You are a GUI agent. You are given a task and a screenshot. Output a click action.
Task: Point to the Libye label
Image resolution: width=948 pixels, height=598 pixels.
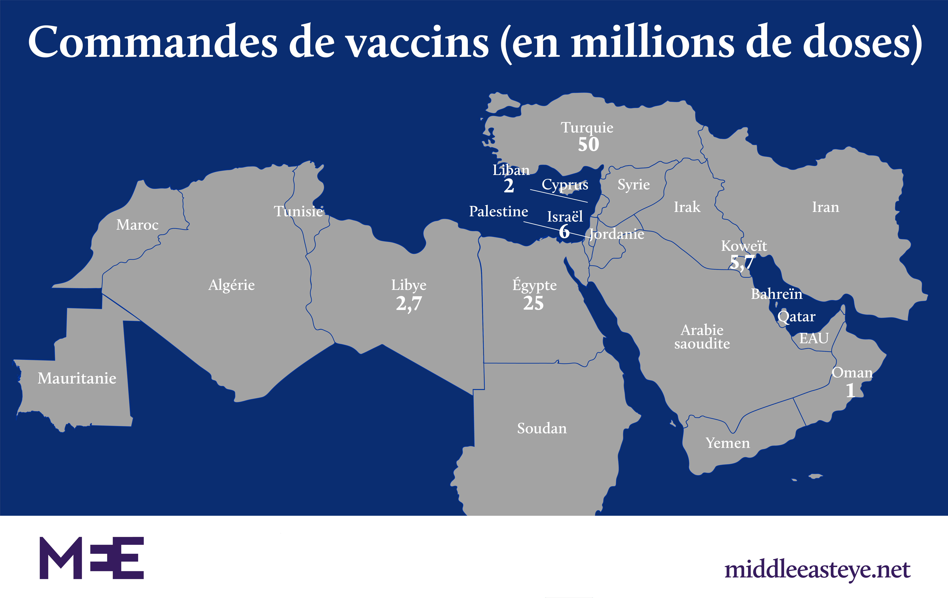pyautogui.click(x=409, y=285)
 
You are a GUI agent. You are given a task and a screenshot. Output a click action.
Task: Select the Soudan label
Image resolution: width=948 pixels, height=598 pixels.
pyautogui.click(x=542, y=428)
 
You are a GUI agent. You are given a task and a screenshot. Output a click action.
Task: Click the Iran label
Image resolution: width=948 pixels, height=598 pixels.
pyautogui.click(x=826, y=207)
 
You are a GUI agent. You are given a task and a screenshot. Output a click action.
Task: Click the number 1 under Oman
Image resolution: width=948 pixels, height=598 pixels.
pyautogui.click(x=850, y=391)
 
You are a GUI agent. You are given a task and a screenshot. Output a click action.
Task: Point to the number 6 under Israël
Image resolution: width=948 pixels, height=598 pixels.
pyautogui.click(x=564, y=232)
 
